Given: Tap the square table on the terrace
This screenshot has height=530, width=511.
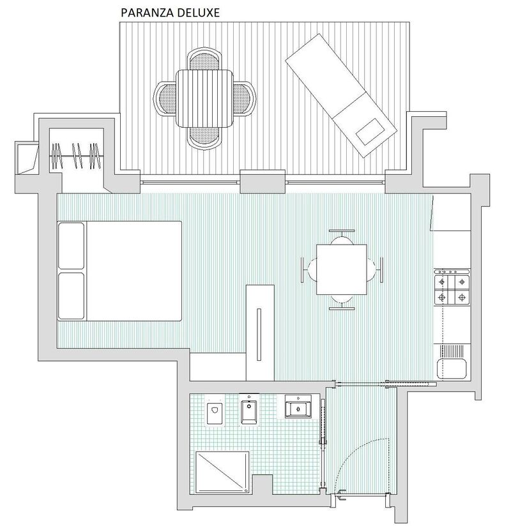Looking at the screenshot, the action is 204,98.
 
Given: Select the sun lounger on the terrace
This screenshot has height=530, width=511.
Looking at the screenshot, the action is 341,95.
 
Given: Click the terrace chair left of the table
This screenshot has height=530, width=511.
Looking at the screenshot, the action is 165,98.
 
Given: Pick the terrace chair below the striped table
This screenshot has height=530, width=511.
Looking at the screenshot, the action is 204,137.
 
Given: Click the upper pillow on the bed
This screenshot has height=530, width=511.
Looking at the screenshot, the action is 72,246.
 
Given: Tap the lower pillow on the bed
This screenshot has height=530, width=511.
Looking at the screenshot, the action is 72,296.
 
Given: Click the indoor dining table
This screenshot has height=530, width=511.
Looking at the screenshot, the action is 342,269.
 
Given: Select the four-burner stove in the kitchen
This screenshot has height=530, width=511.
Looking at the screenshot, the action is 452,288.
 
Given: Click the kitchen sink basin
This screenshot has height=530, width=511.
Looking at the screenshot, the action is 452,368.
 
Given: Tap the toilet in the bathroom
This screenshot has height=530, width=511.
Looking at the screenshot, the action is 215,413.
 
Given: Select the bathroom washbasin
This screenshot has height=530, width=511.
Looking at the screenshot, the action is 298,406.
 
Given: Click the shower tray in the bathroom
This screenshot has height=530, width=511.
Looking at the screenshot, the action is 222,473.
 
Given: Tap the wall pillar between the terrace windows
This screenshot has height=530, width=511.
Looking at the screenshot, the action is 263,181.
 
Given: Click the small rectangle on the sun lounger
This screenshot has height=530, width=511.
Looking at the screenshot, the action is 370,132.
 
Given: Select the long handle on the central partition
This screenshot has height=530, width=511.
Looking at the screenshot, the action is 259,335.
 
